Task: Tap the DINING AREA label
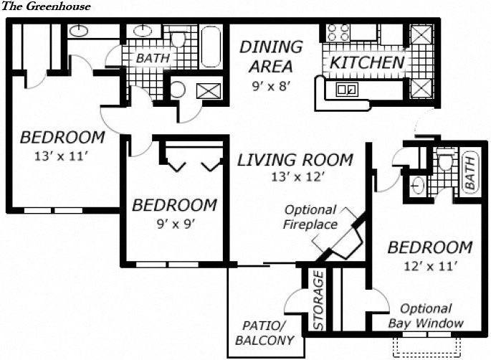click(271, 57)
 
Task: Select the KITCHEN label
click(367, 62)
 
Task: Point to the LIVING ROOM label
click(295, 159)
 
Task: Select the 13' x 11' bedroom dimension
click(62, 154)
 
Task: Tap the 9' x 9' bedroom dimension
click(174, 222)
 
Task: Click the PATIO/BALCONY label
click(264, 333)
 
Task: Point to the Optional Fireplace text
click(310, 217)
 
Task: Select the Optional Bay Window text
click(426, 316)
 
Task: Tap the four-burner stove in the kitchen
click(338, 32)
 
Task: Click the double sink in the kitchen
click(348, 90)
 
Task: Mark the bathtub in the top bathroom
click(211, 46)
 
